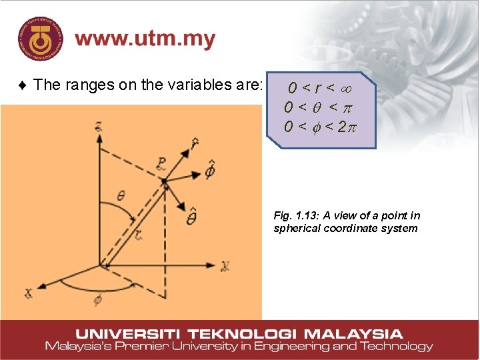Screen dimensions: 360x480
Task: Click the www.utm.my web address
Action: click(145, 39)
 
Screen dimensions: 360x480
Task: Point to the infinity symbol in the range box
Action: click(345, 87)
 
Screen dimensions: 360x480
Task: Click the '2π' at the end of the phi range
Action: click(347, 126)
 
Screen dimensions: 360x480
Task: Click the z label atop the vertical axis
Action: click(98, 126)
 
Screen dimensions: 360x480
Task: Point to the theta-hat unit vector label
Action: click(191, 217)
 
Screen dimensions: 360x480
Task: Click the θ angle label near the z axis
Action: click(121, 195)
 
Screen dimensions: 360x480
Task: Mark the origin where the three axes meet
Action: click(100, 265)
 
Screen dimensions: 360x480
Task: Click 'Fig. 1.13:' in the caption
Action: click(295, 215)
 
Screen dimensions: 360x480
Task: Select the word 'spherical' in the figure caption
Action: click(297, 229)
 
